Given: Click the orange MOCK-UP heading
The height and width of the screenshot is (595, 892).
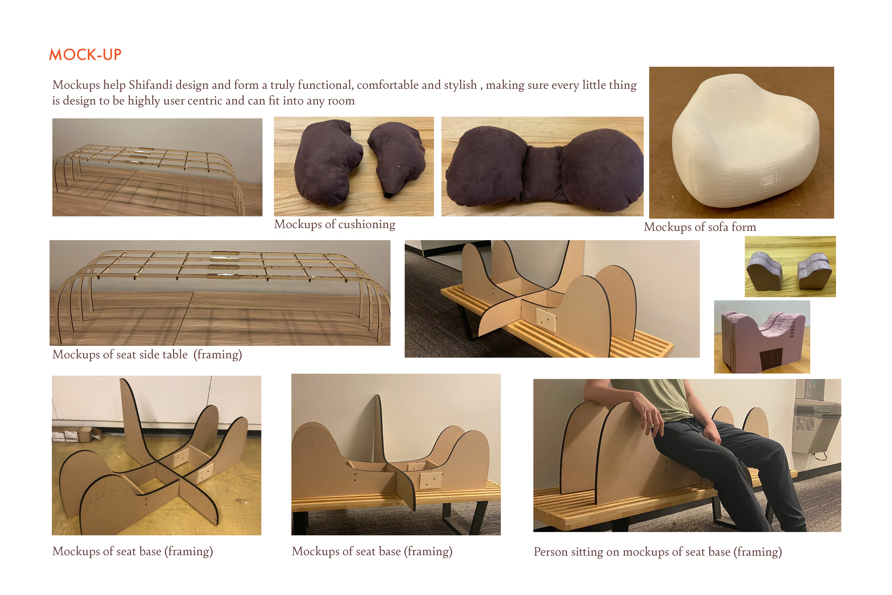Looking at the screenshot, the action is pos(85,55).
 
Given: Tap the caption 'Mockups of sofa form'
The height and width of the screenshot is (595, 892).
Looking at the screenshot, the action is pos(700,227).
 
